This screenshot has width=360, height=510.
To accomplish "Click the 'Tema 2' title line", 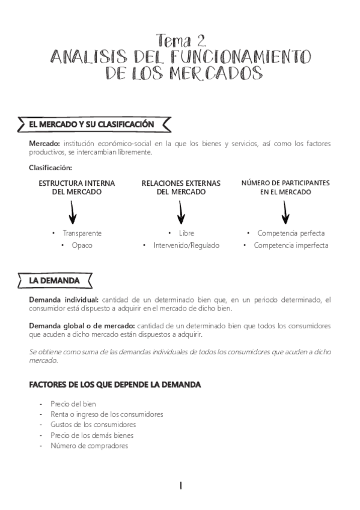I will (x=181, y=41).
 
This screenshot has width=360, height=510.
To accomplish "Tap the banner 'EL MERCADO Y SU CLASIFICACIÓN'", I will (x=91, y=124).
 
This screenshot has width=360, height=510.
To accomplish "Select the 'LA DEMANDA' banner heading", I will (x=55, y=281).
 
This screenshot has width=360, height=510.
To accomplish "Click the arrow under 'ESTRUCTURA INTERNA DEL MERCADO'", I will (x=73, y=212).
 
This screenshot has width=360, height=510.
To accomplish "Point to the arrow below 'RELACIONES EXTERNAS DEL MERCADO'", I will (x=181, y=212).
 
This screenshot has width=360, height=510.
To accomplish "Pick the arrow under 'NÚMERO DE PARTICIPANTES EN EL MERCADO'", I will (x=285, y=212).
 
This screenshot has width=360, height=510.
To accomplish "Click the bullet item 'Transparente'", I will (x=82, y=233).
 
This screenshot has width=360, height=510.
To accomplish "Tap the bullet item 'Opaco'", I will (x=81, y=245).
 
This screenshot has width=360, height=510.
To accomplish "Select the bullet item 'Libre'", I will (x=186, y=233).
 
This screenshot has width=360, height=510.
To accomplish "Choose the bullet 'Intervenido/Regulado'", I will (x=186, y=245).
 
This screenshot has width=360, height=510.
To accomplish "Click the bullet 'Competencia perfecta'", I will (x=291, y=233).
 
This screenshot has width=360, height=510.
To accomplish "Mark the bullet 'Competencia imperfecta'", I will (x=291, y=245).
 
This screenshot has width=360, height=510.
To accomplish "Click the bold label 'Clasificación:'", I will (x=50, y=168).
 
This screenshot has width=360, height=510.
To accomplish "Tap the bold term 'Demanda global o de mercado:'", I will (x=82, y=325).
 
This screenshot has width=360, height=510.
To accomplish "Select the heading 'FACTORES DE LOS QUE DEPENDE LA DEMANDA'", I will (x=115, y=384).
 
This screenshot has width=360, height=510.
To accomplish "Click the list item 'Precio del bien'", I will (x=73, y=404).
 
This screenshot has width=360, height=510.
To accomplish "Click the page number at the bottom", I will (x=180, y=485).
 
